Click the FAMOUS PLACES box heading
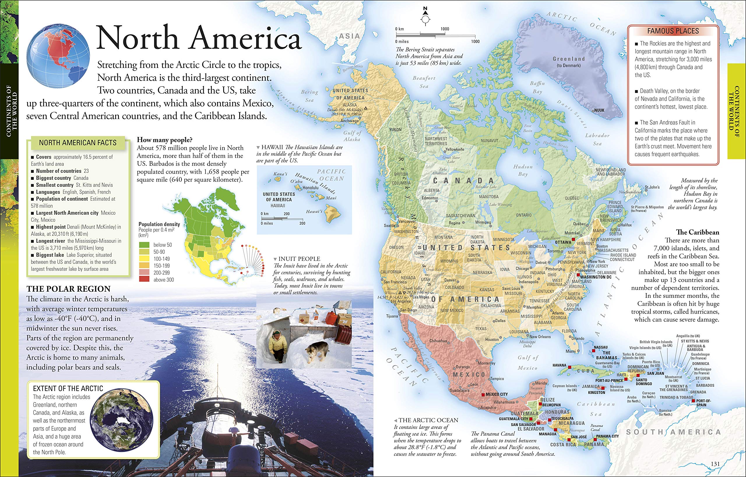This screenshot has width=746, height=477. point(673,31)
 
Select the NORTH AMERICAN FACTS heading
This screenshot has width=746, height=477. point(78,143)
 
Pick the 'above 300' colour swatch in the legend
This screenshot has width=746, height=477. point(144,279)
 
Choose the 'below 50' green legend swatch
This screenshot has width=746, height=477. point(144,245)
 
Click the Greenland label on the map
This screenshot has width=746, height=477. point(569,59)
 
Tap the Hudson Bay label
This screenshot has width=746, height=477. point(522,170)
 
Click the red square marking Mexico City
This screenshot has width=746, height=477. point(483,395)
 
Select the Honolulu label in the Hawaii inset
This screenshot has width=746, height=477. point(310,188)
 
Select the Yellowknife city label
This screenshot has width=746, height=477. point(455,149)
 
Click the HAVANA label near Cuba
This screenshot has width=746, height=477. point(559,365)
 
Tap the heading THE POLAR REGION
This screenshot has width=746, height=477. point(68,289)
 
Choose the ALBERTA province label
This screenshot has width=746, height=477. point(431,190)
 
